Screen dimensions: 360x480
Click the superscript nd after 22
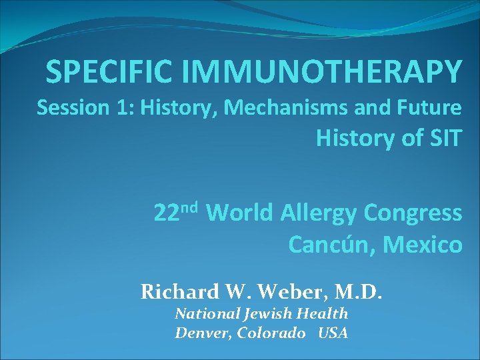pyautogui.click(x=191, y=207)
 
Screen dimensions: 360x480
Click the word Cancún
pyautogui.click(x=325, y=245)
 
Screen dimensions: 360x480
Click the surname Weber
pyautogui.click(x=278, y=291)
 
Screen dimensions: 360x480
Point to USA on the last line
pyautogui.click(x=333, y=333)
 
